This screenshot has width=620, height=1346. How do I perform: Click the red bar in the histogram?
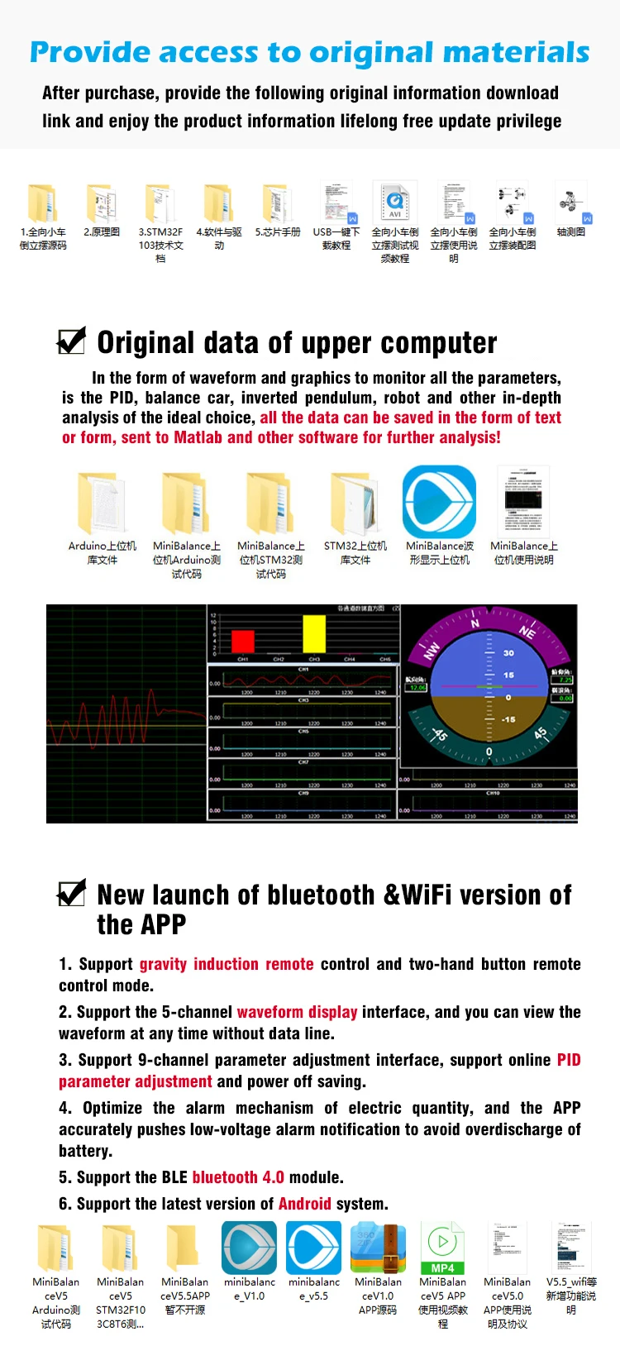coord(243,642)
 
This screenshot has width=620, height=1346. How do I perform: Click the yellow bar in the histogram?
coord(314,634)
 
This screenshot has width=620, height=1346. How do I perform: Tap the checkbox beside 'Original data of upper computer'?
coord(72,340)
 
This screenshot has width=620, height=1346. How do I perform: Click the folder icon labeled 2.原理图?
coord(102,203)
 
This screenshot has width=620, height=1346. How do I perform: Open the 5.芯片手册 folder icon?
coord(277,203)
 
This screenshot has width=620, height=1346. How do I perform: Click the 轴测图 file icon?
coord(571,203)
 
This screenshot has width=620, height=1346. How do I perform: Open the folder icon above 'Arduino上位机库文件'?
coord(102,503)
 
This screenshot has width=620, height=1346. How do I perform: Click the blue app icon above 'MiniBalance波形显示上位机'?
coord(439,502)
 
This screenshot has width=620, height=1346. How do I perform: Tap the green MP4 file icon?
coord(442,1248)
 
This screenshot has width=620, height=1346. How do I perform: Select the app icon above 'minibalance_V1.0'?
coord(249,1248)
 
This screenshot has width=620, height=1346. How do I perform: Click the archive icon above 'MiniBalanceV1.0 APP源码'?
coord(378,1248)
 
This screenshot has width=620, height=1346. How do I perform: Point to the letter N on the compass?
coord(475,623)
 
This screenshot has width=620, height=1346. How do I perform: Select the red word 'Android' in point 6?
coord(304,1204)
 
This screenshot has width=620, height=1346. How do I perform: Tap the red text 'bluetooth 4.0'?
coord(238,1177)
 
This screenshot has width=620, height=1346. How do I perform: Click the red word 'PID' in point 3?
coord(569,1060)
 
